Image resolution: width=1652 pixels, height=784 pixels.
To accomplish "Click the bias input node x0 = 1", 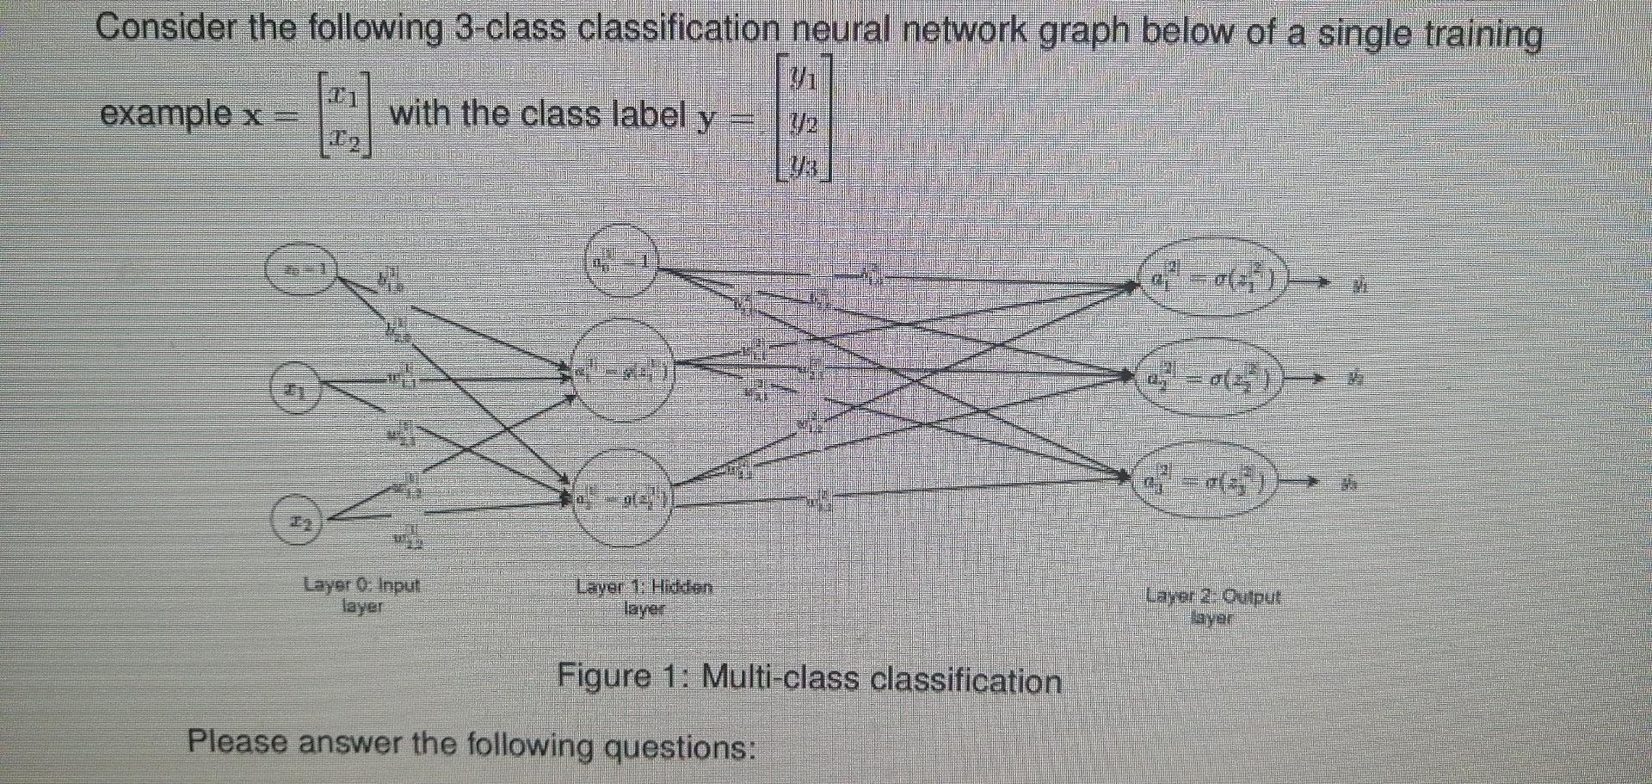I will coord(299,270).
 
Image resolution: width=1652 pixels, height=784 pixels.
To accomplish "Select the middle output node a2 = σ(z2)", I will coord(1212,378).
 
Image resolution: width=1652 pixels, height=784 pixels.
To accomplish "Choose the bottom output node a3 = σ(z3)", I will coord(1212,481).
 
